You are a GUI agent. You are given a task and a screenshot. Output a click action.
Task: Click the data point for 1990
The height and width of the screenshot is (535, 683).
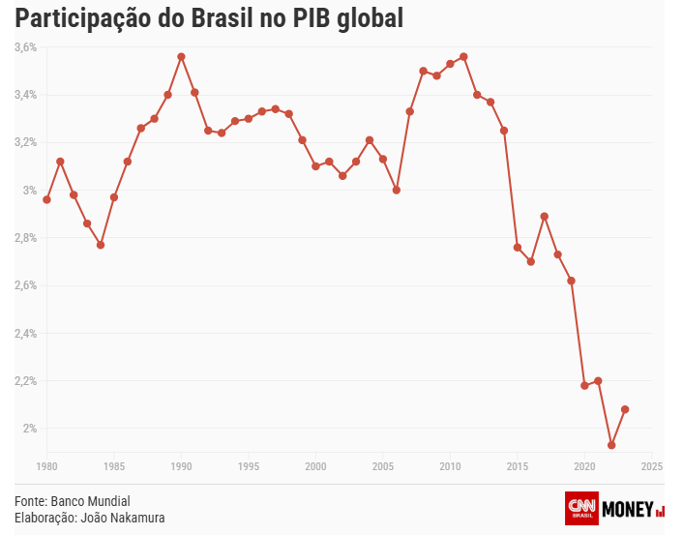pyautogui.click(x=181, y=56)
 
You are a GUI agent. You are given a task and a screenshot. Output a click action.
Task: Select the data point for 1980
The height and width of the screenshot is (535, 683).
pyautogui.click(x=46, y=199)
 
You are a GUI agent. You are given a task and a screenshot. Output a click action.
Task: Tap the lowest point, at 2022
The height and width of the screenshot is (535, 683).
pyautogui.click(x=611, y=445)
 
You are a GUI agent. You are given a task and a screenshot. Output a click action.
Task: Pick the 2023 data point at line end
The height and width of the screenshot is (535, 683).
pyautogui.click(x=625, y=409)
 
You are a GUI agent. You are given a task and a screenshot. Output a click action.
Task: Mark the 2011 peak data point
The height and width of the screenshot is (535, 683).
pyautogui.click(x=463, y=56)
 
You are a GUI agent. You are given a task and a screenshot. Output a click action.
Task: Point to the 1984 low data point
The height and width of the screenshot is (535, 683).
pyautogui.click(x=101, y=245)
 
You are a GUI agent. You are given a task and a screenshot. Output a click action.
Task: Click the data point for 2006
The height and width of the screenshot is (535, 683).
pyautogui.click(x=397, y=190)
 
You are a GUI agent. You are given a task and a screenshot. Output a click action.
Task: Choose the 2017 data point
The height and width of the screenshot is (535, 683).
pyautogui.click(x=545, y=216)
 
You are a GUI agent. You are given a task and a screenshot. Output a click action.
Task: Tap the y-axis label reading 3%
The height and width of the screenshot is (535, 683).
pyautogui.click(x=29, y=191)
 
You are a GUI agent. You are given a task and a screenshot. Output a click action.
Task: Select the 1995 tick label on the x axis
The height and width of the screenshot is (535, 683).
pyautogui.click(x=249, y=466)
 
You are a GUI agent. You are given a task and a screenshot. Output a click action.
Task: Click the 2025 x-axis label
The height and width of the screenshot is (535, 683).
pyautogui.click(x=652, y=466)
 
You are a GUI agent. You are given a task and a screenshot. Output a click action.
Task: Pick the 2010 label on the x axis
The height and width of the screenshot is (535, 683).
pyautogui.click(x=450, y=466)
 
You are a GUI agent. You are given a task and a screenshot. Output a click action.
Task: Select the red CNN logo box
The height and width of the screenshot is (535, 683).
pyautogui.click(x=581, y=508)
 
